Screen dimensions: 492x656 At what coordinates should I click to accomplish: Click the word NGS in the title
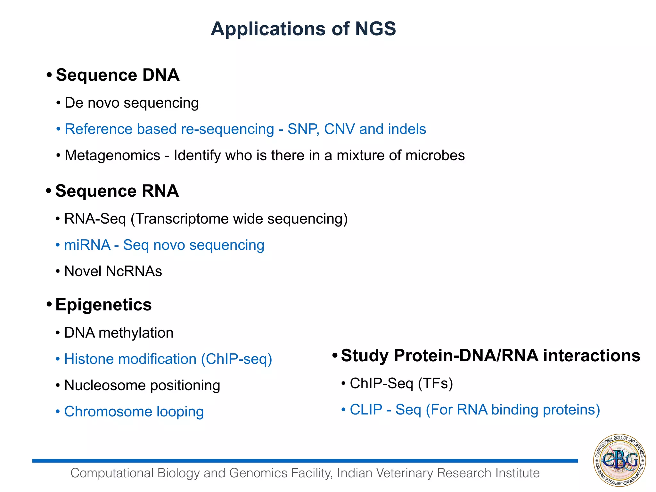pos(375,29)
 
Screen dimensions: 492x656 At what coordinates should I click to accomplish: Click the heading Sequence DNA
pos(117,75)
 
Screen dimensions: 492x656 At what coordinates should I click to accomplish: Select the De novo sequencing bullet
pos(131,103)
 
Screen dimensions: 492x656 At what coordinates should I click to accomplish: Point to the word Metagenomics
pos(112,156)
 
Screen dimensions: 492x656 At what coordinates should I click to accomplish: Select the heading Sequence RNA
pos(117,191)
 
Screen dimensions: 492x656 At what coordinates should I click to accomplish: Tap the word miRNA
pos(87,245)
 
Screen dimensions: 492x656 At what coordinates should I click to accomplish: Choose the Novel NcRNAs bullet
pos(113,271)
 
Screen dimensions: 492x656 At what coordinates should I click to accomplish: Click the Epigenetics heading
pos(103,305)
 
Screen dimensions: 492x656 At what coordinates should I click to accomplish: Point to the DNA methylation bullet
pos(119,333)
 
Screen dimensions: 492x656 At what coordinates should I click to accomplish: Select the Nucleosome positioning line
pos(142,385)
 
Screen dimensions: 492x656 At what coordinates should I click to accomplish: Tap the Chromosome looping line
pos(134,412)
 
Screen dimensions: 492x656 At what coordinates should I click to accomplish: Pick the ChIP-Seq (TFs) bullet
pos(401,383)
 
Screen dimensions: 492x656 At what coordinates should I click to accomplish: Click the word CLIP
pos(366,410)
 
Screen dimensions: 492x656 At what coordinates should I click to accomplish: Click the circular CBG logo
pos(619,460)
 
